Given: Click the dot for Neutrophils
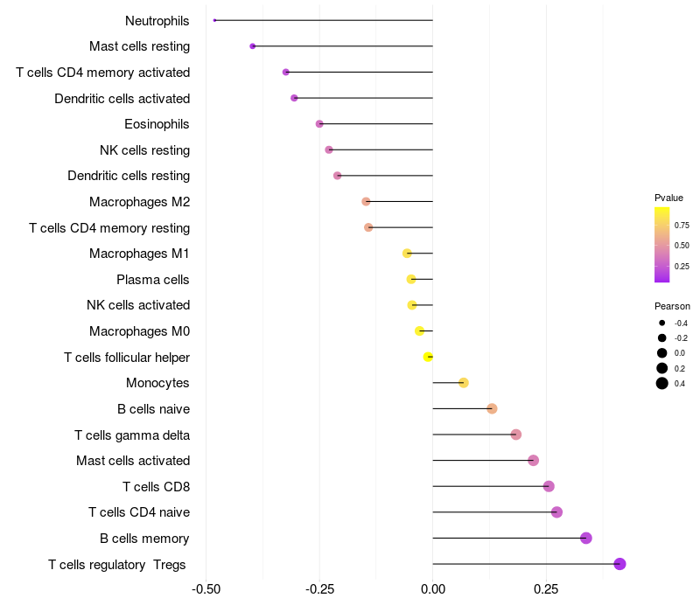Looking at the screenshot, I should tap(214, 20).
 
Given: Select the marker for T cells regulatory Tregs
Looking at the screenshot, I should tap(619, 564).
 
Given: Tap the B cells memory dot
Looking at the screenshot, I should tap(586, 538).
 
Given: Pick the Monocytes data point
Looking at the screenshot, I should tap(464, 383).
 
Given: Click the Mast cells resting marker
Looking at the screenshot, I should tap(253, 46).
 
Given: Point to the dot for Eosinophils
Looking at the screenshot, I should tap(319, 124).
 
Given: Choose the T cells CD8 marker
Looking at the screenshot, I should tap(549, 486).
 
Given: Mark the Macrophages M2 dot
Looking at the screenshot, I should tap(366, 202).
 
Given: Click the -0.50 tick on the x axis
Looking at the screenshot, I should tap(206, 589).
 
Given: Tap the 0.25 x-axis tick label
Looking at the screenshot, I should tap(547, 589).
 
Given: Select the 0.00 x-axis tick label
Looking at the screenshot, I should tap(433, 589).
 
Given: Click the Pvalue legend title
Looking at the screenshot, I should tap(668, 198).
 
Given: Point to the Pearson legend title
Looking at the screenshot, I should tap(672, 306).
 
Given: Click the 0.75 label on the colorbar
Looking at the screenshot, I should tap(682, 225).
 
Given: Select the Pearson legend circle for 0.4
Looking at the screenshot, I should tap(662, 383).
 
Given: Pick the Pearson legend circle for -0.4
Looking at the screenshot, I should tap(662, 323).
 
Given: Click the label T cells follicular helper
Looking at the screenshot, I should tap(127, 358).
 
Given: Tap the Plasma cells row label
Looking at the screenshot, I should tap(153, 280).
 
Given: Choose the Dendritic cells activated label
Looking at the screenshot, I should tap(122, 99).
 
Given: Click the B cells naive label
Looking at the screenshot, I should tap(153, 409).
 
